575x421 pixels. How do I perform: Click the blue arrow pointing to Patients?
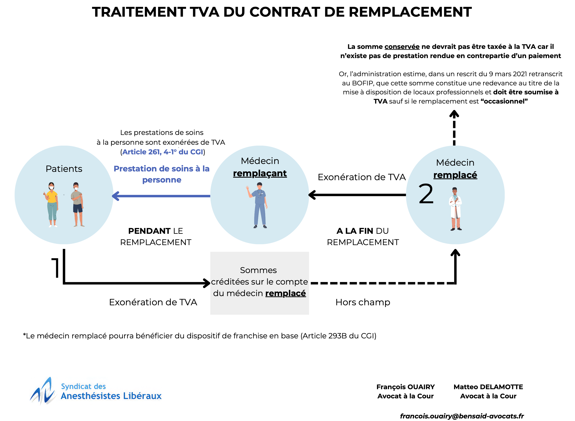pos(161,196)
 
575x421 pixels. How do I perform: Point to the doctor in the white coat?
pos(455,209)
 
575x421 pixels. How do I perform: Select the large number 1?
pos(56,268)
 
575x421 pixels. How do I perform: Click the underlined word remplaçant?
pos(260,173)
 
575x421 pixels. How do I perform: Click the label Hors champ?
pos(363,302)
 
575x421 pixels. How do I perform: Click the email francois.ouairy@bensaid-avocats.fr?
pos(462,416)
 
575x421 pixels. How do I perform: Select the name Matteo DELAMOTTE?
pos(488,387)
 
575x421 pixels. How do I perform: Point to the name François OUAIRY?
pos(406,387)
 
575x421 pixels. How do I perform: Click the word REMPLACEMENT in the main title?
pos(410,12)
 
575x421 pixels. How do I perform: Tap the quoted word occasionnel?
pos(504,101)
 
